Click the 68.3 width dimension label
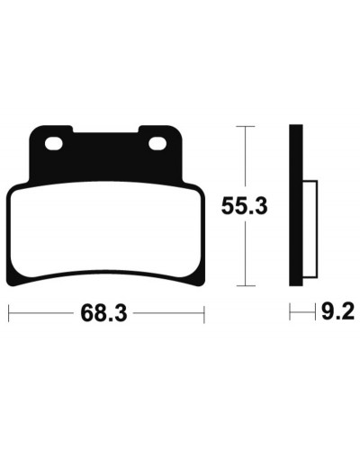click(103, 313)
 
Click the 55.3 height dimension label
click(244, 206)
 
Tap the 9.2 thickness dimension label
click(337, 313)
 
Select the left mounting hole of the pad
click(54, 143)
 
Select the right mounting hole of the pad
click(157, 143)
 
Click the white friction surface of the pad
click(105, 232)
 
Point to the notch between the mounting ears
click(105, 130)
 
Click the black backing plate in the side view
click(296, 205)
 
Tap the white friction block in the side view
click(310, 229)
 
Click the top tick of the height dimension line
click(246, 127)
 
